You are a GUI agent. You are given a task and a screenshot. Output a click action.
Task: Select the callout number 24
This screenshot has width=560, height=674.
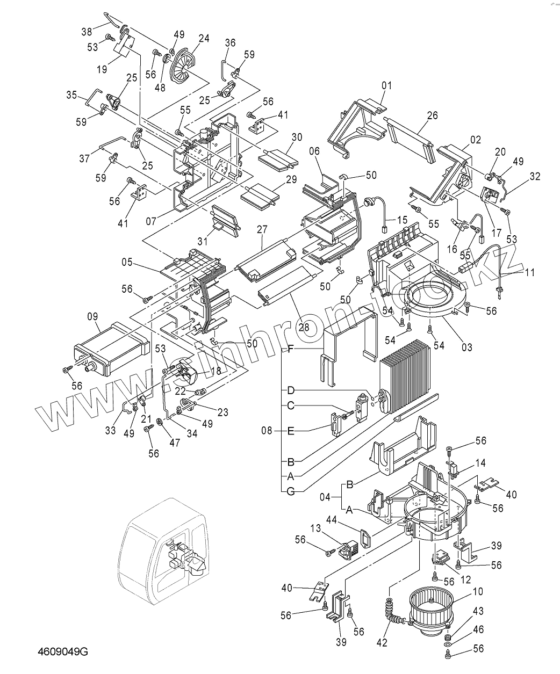[204, 39]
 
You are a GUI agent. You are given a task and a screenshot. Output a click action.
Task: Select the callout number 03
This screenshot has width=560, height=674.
[466, 347]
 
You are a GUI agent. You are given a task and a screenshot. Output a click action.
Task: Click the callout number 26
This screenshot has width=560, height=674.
[433, 115]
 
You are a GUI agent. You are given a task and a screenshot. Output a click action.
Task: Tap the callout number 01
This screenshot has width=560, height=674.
[387, 86]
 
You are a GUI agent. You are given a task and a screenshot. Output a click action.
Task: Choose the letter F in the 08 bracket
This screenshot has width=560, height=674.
[290, 349]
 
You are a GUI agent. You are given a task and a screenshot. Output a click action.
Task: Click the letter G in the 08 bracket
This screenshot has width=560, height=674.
[290, 490]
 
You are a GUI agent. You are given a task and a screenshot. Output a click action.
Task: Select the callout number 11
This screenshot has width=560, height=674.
[530, 272]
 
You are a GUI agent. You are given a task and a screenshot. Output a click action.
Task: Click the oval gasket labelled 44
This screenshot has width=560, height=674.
[365, 536]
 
